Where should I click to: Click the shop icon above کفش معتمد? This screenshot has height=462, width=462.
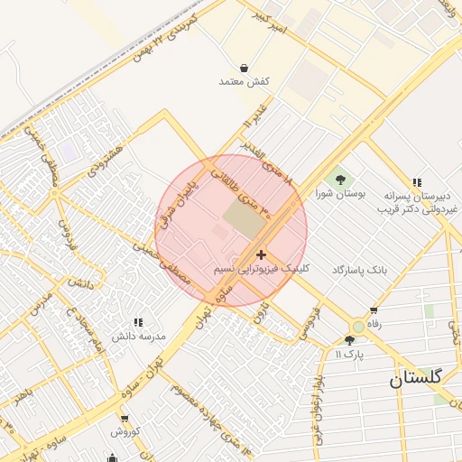click(245, 68)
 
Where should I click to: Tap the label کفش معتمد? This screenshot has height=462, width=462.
click(245, 82)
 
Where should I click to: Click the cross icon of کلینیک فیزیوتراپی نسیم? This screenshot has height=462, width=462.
click(261, 255)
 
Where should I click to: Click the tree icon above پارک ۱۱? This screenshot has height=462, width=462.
click(349, 340)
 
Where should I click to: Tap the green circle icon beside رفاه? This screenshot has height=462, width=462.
click(358, 326)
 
